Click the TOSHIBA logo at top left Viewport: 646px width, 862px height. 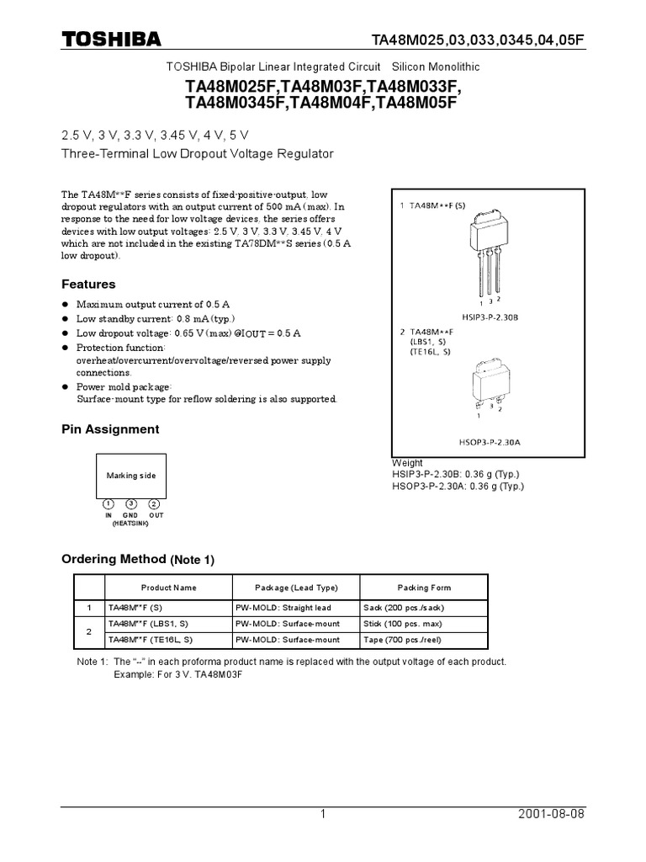(x=111, y=39)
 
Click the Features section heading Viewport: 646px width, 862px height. (x=88, y=285)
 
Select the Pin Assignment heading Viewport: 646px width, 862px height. (x=110, y=429)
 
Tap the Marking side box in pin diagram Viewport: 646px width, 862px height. (x=130, y=476)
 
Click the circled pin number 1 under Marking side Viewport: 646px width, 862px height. (x=109, y=504)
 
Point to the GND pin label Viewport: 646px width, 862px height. (x=130, y=514)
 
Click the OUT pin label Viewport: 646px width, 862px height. (x=156, y=514)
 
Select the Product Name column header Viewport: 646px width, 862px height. (x=168, y=588)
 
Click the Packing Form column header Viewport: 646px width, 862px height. (x=424, y=588)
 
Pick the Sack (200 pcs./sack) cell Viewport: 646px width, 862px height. (x=403, y=608)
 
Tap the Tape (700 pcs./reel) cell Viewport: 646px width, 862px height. (x=405, y=640)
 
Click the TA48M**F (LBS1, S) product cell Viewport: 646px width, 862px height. (x=147, y=624)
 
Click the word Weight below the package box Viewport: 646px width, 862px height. (x=408, y=463)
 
